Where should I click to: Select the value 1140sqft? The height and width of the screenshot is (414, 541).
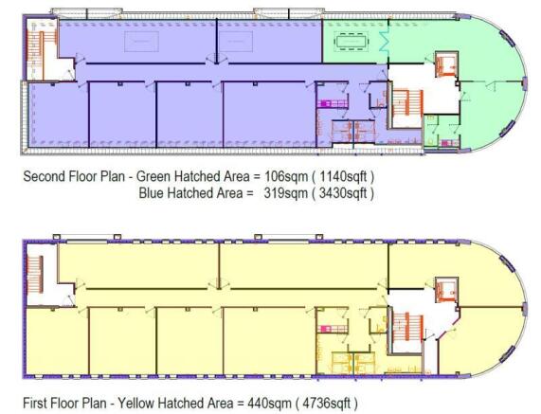[343, 176]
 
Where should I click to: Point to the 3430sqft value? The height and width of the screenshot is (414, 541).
[343, 193]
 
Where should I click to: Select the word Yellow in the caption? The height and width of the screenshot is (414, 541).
[137, 403]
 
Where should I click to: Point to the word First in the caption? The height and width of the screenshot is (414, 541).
[35, 403]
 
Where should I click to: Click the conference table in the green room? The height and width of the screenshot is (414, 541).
[352, 42]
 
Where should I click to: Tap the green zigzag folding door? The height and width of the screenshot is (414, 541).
[384, 40]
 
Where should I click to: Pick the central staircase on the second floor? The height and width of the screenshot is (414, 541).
[407, 103]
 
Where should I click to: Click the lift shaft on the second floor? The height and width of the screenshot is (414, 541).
[446, 63]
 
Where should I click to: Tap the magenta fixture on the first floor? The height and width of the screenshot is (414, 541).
[326, 328]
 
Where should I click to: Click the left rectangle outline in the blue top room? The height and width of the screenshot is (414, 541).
[141, 42]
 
